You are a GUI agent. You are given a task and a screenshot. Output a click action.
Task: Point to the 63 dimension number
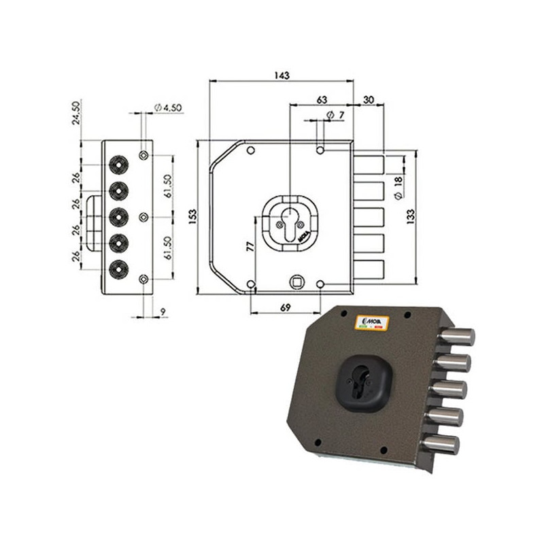tap(322, 99)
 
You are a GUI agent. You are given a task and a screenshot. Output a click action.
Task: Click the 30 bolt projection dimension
tap(369, 99)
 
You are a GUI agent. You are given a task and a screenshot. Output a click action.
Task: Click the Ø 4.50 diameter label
tap(170, 107)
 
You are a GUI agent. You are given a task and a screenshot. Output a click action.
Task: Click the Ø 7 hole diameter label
tap(335, 114)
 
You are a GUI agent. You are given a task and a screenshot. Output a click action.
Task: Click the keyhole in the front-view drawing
tap(290, 224)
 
